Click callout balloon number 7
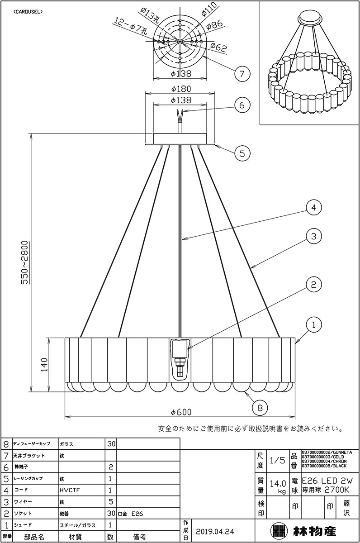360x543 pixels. pos(242,72)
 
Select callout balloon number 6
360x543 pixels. pos(242,105)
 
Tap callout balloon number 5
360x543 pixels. pos(242,153)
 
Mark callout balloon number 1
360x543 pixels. pos(313,324)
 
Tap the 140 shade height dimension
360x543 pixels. pos(44,365)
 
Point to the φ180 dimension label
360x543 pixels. pos(180,89)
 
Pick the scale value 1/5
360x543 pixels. pos(277,460)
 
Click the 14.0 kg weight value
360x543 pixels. pos(277,486)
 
